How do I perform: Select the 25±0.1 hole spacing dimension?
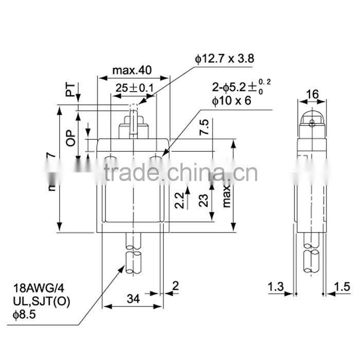(x=134, y=88)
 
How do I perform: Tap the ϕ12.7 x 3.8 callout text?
(x=225, y=59)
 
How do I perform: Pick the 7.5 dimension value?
(x=204, y=127)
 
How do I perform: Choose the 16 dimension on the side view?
(x=312, y=94)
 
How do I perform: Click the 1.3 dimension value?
(x=277, y=286)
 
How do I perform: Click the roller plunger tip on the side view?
(x=311, y=121)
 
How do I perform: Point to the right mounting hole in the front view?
(x=156, y=157)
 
